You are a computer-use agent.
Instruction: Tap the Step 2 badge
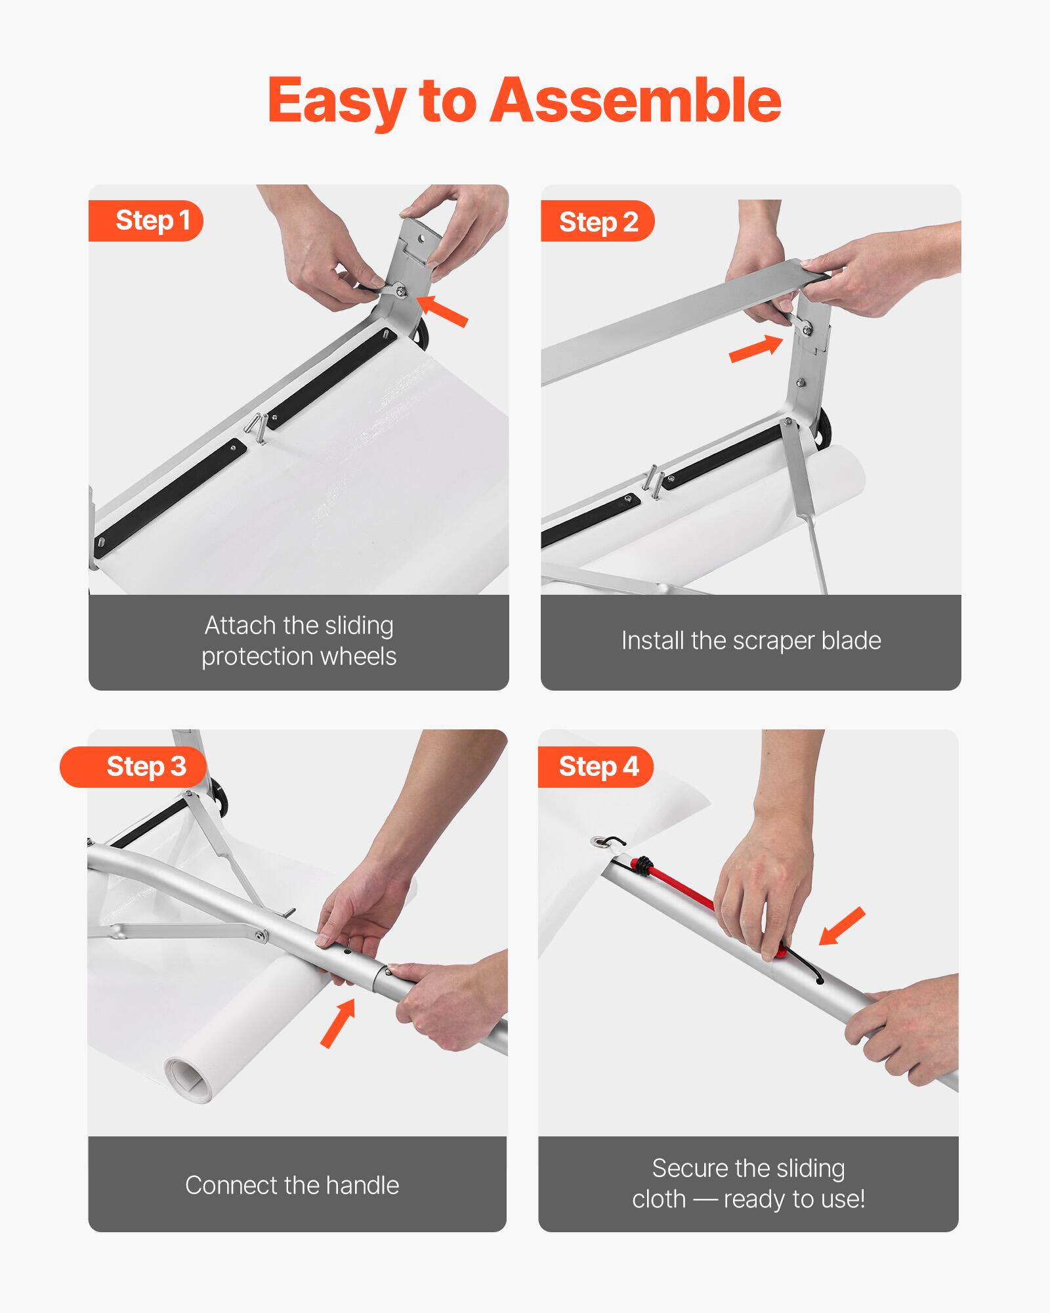coord(597,222)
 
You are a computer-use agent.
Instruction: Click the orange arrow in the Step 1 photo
coord(444,311)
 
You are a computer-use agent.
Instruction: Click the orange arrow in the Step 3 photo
coord(338,1022)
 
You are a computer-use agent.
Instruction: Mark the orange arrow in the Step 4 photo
coord(842,926)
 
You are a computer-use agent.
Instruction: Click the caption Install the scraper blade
coord(751,641)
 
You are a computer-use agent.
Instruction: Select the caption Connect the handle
coord(292,1186)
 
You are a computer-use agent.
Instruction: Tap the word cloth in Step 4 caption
coord(658,1199)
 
